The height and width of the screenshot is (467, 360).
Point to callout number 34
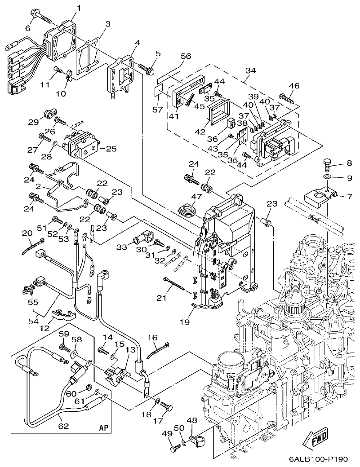click(251, 70)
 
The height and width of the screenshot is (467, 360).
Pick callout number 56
click(185, 56)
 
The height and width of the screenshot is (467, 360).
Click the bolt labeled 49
click(173, 447)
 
